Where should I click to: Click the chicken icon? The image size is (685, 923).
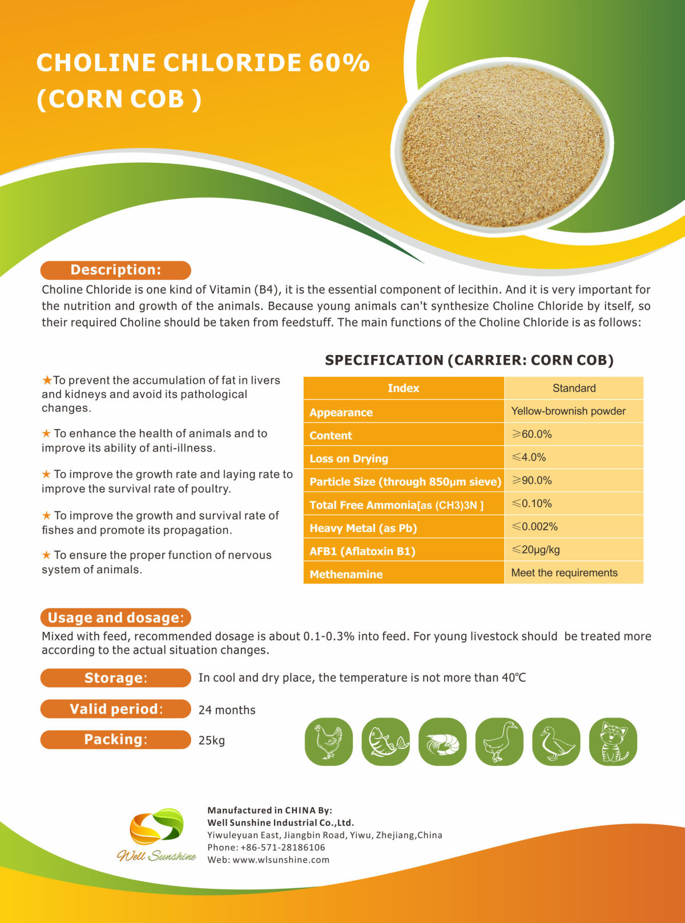329,741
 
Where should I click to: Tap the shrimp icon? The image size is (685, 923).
442,741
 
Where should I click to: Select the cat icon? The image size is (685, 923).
613,741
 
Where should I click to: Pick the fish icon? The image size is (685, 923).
385,741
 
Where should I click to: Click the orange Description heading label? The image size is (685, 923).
115,270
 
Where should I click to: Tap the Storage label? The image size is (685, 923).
115,678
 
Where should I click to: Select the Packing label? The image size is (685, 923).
115,739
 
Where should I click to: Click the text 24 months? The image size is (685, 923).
227,710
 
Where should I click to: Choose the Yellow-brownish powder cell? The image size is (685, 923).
568,411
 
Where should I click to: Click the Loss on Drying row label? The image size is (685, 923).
349,458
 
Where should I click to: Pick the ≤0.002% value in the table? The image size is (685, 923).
535,526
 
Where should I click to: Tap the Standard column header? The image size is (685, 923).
574,388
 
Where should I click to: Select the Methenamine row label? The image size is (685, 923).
346,574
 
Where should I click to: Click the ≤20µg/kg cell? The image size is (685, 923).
535,550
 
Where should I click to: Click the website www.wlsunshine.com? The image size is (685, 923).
281,860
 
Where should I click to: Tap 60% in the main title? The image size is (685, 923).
339,63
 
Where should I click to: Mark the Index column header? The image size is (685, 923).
403,388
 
